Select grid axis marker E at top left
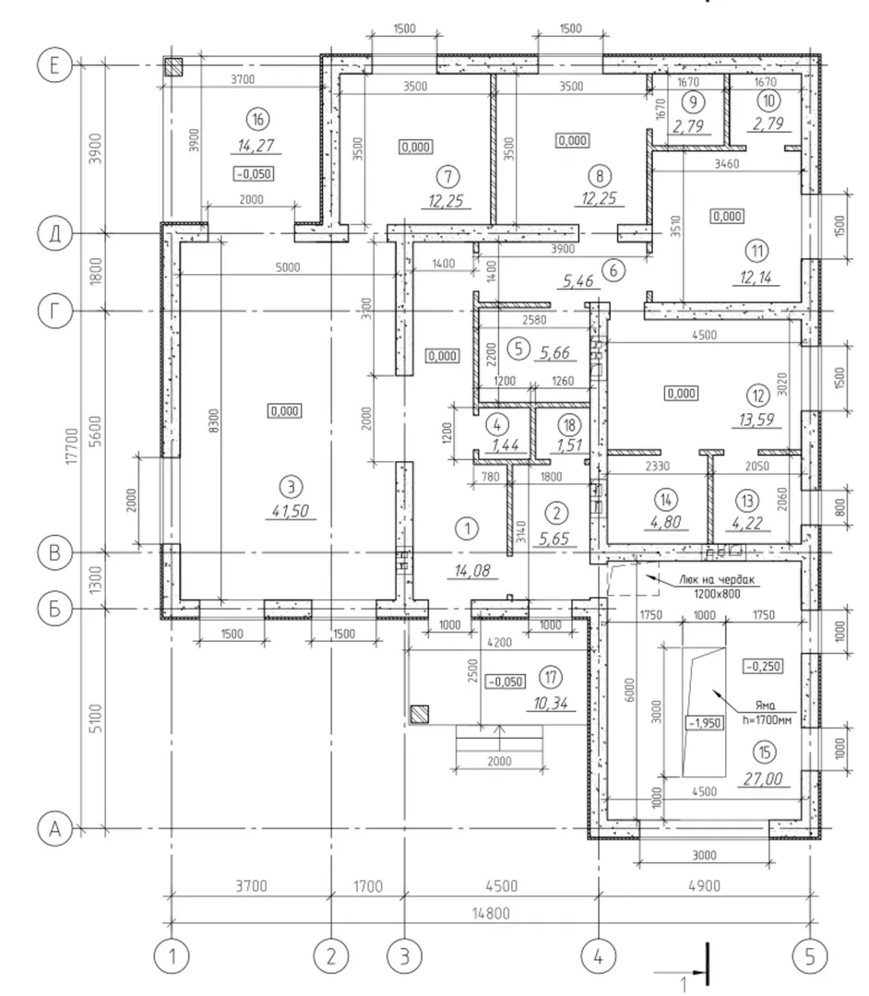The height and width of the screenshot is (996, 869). click(x=54, y=66)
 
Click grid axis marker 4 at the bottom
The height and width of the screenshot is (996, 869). click(x=598, y=956)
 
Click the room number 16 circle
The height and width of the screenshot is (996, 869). click(x=258, y=119)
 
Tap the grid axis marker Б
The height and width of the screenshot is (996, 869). click(x=54, y=610)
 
